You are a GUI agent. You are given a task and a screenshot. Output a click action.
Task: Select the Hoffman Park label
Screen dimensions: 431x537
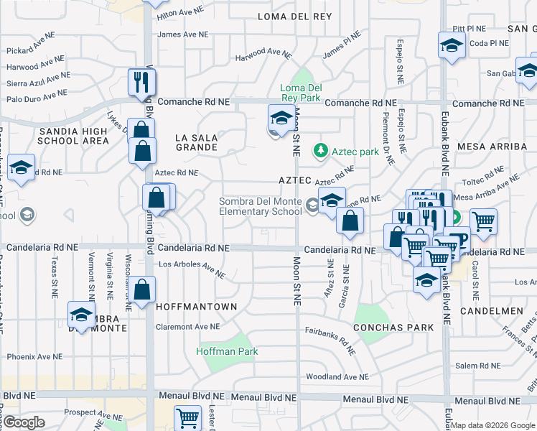228,351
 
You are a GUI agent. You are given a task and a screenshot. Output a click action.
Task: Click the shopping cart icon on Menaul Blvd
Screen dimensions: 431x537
187,417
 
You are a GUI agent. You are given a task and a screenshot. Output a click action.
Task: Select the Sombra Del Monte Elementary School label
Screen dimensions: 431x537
261,206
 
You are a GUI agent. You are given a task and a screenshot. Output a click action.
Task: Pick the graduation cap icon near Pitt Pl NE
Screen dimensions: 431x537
451,45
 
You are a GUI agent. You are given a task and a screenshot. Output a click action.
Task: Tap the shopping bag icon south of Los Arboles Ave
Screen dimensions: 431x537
144,290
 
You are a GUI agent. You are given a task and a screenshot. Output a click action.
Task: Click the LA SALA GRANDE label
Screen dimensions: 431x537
196,142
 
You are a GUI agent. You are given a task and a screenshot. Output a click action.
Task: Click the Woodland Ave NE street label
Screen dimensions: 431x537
337,376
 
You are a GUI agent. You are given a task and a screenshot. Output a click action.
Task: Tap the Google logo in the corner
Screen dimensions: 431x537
24,422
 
